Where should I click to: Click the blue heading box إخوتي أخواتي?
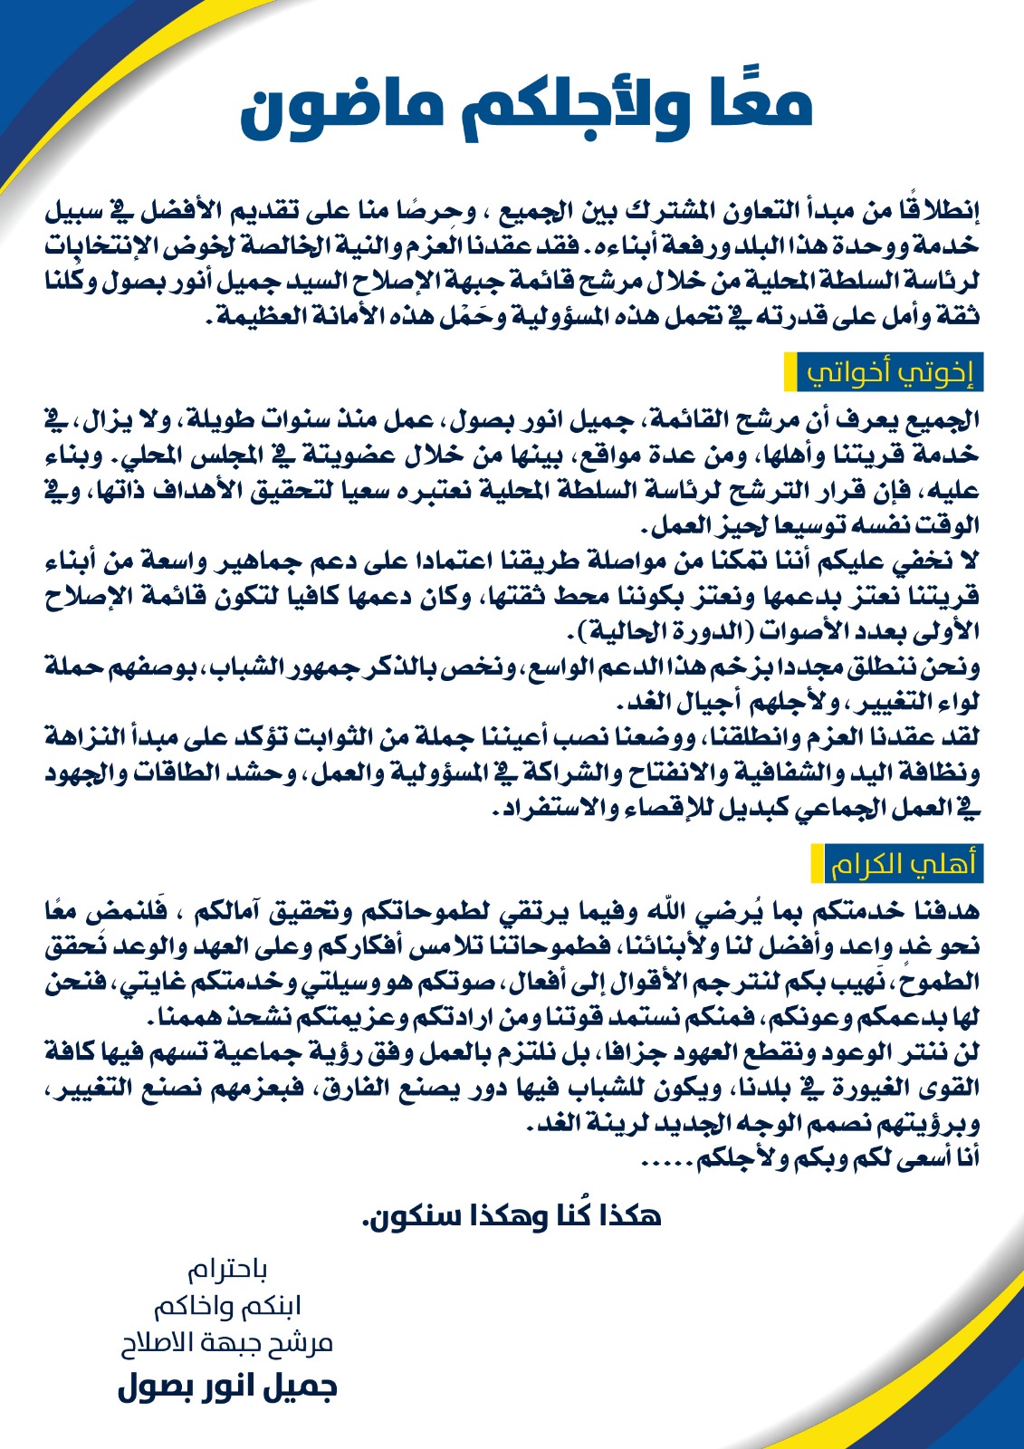(x=890, y=373)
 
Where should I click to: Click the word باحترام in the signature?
(x=227, y=1271)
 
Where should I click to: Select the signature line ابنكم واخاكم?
(x=227, y=1307)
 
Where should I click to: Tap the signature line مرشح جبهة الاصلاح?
(x=227, y=1343)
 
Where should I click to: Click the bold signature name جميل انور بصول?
(x=227, y=1387)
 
